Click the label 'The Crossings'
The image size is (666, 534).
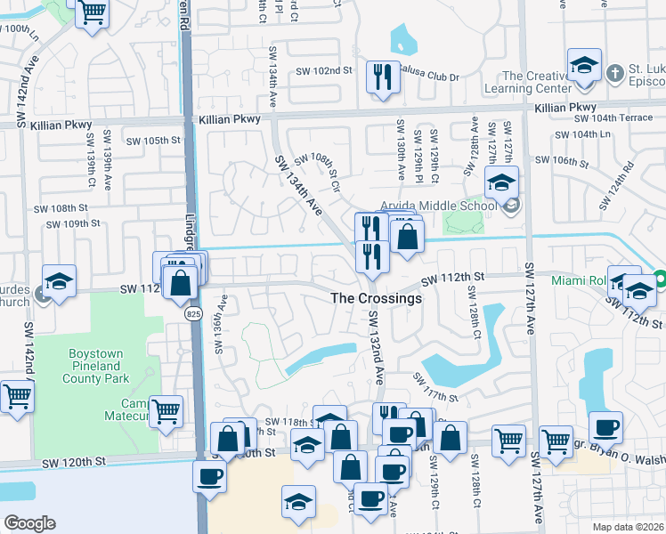tap(376, 299)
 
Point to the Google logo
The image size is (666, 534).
tap(29, 523)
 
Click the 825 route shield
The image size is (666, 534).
tap(192, 314)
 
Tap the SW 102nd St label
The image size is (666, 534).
tap(320, 70)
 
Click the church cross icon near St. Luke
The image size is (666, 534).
tap(613, 70)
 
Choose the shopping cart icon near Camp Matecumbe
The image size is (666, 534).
tap(166, 411)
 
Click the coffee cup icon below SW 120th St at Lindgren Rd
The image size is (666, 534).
tap(209, 475)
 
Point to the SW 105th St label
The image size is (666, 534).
tap(153, 141)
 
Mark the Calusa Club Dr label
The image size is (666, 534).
tap(432, 77)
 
